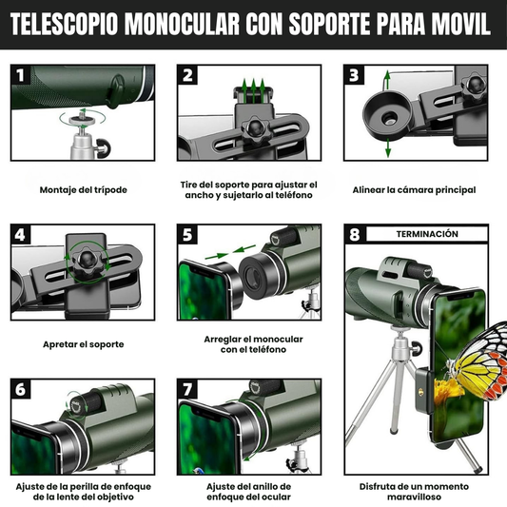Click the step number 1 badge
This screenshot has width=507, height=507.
click(x=20, y=75)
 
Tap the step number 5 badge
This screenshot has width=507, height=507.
click(x=187, y=234)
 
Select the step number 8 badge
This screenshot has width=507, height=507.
click(x=355, y=234)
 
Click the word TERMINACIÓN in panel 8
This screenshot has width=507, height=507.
click(x=427, y=234)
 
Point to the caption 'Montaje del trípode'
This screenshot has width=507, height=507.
click(x=83, y=190)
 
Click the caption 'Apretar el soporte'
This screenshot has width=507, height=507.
click(x=84, y=344)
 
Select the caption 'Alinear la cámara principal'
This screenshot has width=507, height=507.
click(x=414, y=190)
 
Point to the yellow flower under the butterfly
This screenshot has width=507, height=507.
click(x=447, y=392)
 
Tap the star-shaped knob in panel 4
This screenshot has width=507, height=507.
click(x=88, y=259)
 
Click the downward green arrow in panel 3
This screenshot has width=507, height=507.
click(x=388, y=147)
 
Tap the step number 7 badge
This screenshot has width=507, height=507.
click(x=187, y=389)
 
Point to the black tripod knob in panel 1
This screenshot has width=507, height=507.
click(x=104, y=148)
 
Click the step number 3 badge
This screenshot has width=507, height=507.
click(x=354, y=75)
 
